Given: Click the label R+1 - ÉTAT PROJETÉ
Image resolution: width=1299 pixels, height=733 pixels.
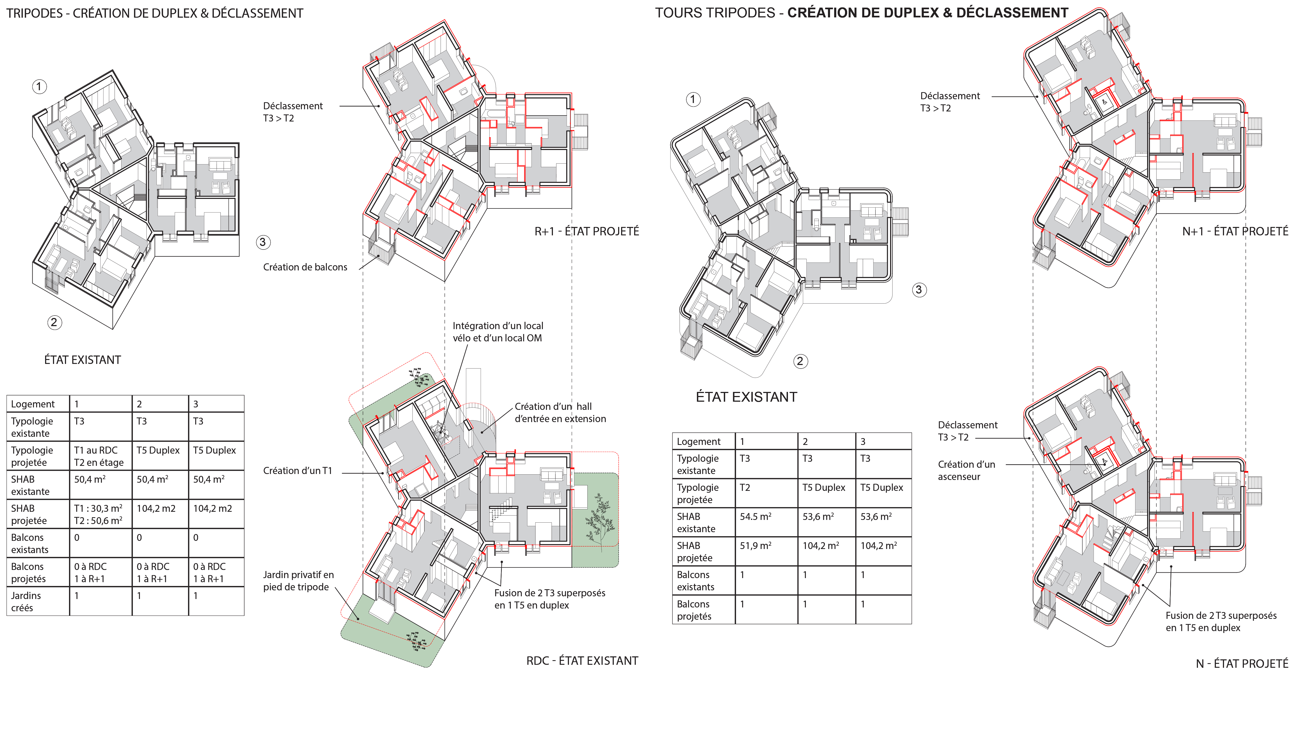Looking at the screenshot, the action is pyautogui.click(x=587, y=232).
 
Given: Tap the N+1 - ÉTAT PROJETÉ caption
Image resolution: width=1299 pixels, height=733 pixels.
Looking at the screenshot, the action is pyautogui.click(x=1235, y=232).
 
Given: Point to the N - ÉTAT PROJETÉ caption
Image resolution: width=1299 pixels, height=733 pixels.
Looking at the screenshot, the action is pyautogui.click(x=1242, y=664).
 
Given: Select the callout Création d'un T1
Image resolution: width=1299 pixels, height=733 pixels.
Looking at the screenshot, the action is pyautogui.click(x=298, y=471).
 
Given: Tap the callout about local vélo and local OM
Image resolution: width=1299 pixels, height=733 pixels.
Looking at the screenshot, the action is pyautogui.click(x=498, y=332).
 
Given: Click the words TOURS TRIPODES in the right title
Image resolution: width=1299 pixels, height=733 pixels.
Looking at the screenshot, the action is pyautogui.click(x=715, y=13).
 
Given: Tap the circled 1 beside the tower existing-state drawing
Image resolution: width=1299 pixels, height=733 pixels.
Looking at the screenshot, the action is pyautogui.click(x=693, y=99).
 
